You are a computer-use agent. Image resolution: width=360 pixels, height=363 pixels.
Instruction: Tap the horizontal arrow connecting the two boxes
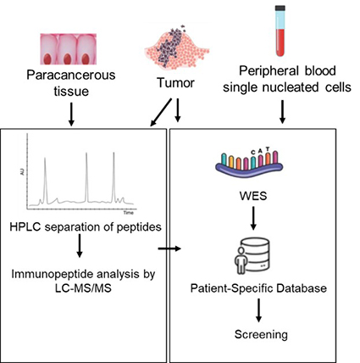[x=170, y=249]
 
